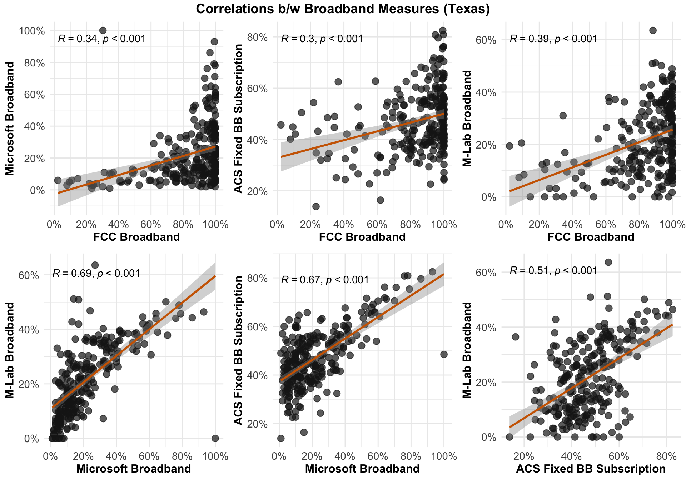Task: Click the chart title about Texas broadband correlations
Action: click(343, 9)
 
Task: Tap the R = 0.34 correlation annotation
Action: click(102, 39)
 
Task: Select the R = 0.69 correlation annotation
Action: click(96, 274)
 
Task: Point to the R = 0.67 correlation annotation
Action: click(325, 280)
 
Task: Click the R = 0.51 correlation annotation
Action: click(553, 270)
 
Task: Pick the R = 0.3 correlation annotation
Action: click(322, 39)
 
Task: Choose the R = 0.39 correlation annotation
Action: click(553, 39)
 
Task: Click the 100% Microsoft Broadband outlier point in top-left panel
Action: click(103, 30)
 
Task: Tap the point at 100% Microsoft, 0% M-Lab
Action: click(215, 438)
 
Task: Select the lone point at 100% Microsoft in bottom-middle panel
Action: click(444, 354)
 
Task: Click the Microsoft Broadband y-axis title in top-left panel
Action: click(10, 119)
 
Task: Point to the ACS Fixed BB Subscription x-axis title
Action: click(591, 469)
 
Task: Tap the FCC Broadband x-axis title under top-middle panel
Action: click(362, 237)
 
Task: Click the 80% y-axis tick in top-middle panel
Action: click(260, 37)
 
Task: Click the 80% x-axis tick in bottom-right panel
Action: click(667, 456)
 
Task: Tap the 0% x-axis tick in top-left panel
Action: click(54, 225)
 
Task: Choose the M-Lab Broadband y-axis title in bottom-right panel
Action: click(467, 350)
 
